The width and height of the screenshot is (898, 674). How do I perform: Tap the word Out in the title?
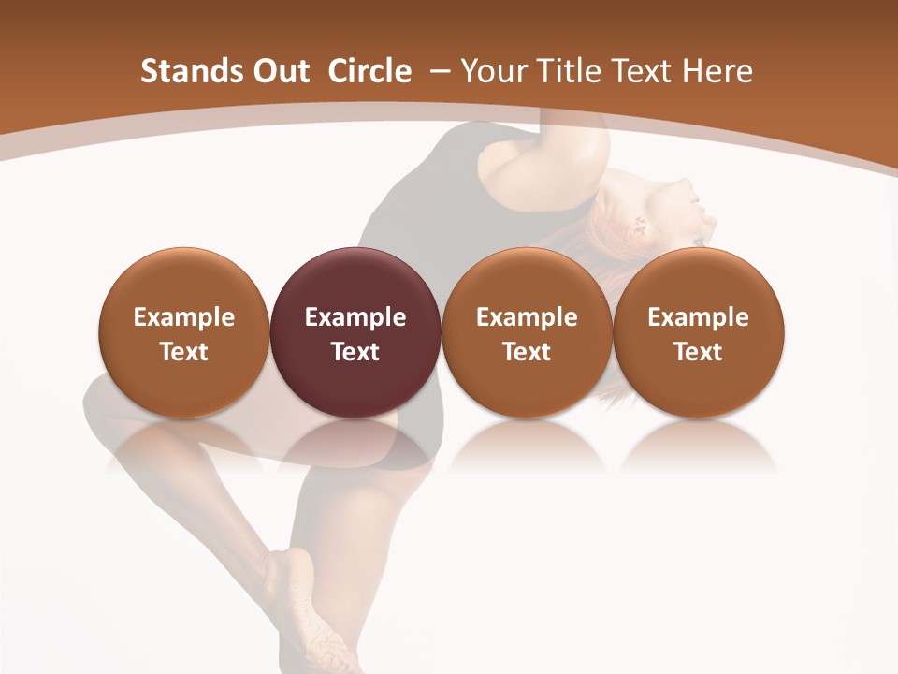[x=277, y=71]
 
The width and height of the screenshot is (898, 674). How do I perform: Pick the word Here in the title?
[x=717, y=71]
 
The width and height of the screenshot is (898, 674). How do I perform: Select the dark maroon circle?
[x=355, y=332]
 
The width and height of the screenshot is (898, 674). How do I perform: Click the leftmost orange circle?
[x=184, y=332]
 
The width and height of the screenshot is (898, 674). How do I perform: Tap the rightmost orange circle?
[x=699, y=332]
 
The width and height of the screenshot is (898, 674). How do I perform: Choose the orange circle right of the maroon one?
[x=527, y=332]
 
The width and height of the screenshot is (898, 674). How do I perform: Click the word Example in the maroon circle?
[x=355, y=317]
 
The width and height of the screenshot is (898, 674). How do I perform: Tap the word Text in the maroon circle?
[x=355, y=352]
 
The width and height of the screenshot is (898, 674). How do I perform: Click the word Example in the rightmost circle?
[x=699, y=317]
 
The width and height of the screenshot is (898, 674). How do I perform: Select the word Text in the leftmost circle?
[x=184, y=352]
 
